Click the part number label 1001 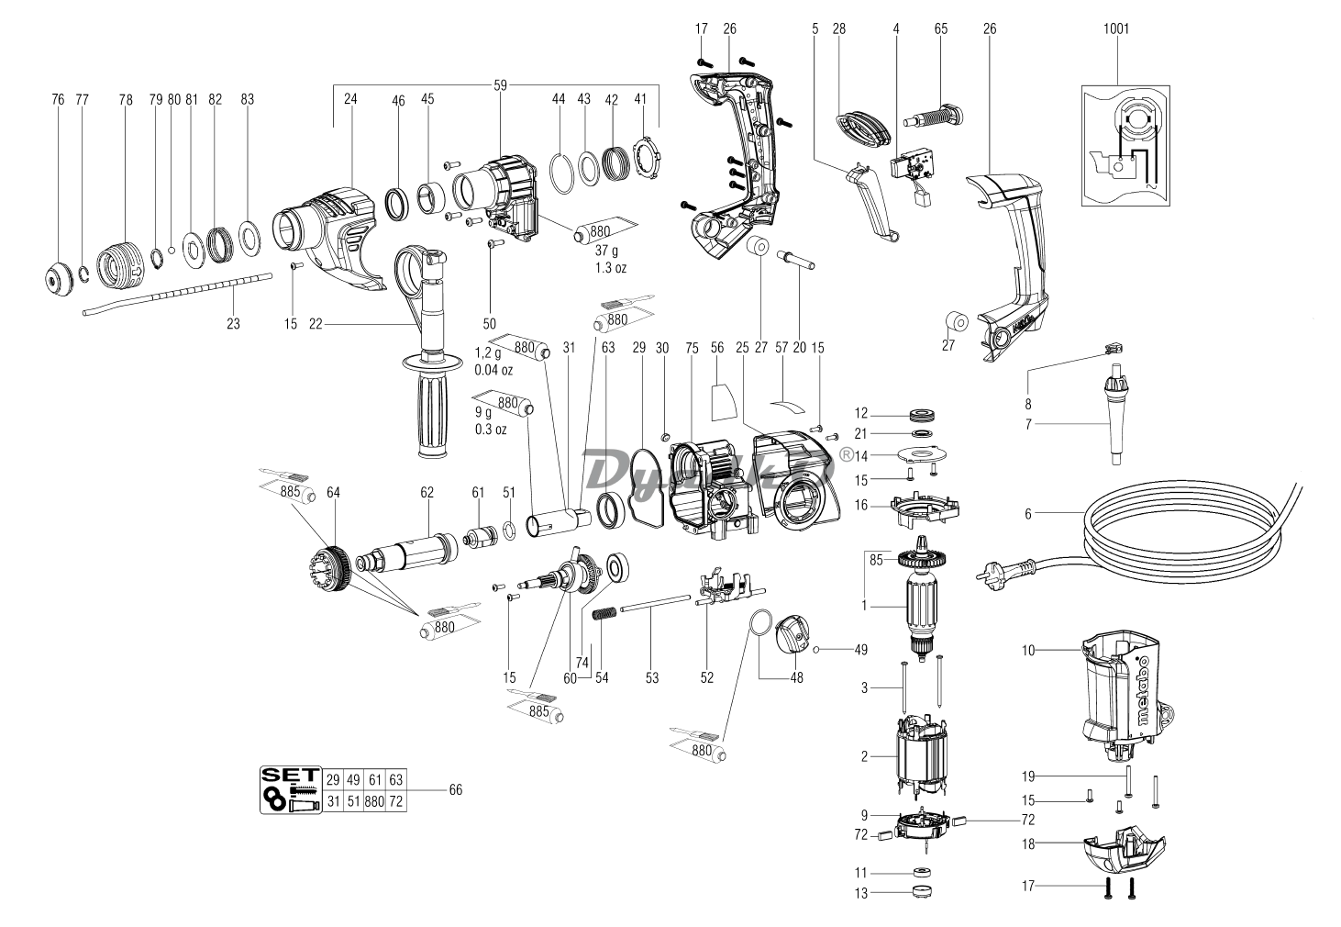coord(1116,28)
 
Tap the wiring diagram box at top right coord(1125,145)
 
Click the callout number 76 coord(58,99)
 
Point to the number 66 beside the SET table coord(456,789)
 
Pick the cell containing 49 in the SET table coord(353,779)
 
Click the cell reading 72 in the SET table coord(395,800)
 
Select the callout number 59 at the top coord(500,85)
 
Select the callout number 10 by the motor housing coord(1028,650)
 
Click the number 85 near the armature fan coord(876,556)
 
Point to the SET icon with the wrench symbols coord(289,789)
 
